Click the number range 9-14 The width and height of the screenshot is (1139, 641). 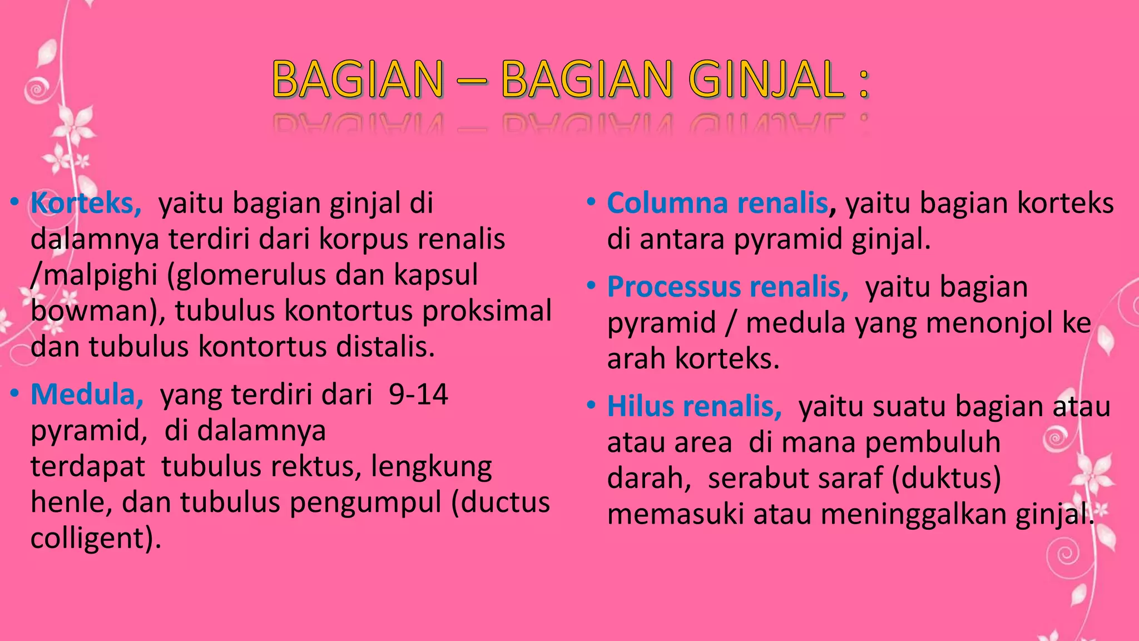[x=418, y=395]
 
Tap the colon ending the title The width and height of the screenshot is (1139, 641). [x=863, y=83]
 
